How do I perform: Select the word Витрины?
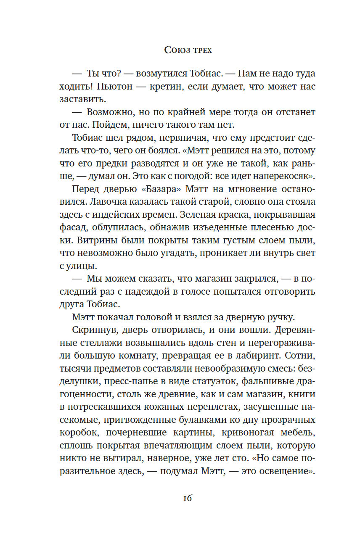coord(90,240)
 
